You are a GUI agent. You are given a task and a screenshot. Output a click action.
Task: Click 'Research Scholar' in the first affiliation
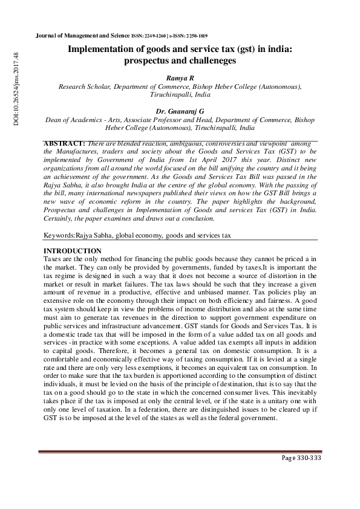coord(84,87)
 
